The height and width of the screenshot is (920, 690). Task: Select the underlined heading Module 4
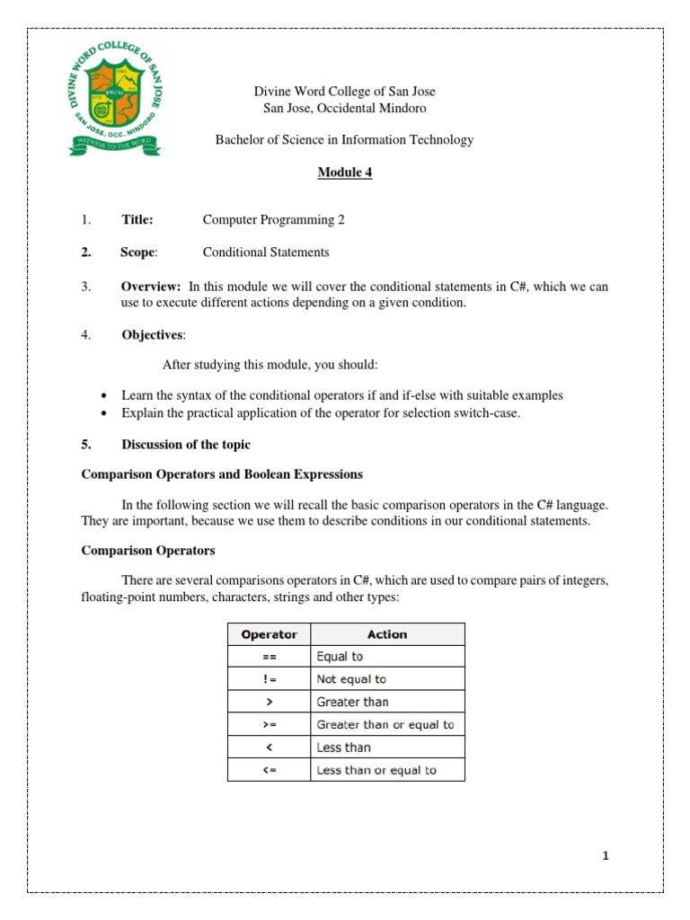344,172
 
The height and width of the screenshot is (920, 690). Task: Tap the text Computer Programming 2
273,219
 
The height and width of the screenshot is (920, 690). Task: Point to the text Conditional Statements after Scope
266,252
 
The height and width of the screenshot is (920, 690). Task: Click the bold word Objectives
153,335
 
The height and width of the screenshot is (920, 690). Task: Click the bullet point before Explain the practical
104,413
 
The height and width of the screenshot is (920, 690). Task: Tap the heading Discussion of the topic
186,445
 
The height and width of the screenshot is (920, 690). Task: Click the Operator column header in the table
269,634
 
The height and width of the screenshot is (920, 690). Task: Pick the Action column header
387,634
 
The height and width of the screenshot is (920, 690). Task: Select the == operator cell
269,657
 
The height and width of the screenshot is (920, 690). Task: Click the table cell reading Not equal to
351,679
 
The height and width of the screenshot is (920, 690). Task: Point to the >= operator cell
269,724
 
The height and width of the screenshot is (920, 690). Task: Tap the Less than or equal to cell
376,770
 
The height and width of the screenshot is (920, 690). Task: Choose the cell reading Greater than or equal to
385,724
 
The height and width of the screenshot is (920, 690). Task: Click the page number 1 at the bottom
606,856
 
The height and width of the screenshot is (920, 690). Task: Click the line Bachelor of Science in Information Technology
344,139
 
